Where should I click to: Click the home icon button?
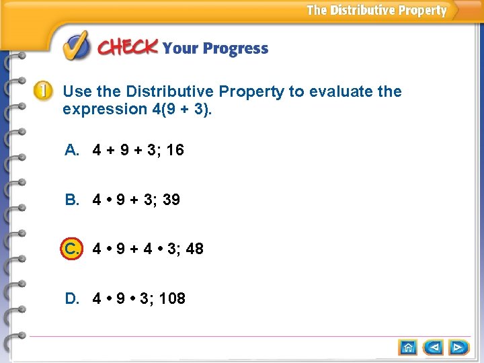(x=408, y=348)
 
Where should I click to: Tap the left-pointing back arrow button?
(x=434, y=348)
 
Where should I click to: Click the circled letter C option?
(x=72, y=249)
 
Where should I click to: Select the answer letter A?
(x=72, y=150)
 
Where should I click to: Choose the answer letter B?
(x=72, y=200)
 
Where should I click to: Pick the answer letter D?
(x=72, y=298)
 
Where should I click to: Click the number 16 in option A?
(x=175, y=150)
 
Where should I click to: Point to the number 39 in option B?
(x=171, y=200)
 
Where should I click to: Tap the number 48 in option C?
(x=194, y=249)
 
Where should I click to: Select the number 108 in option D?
(x=172, y=298)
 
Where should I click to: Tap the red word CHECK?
(x=128, y=48)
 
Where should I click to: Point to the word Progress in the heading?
(x=235, y=49)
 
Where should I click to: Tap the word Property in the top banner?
(x=422, y=10)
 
